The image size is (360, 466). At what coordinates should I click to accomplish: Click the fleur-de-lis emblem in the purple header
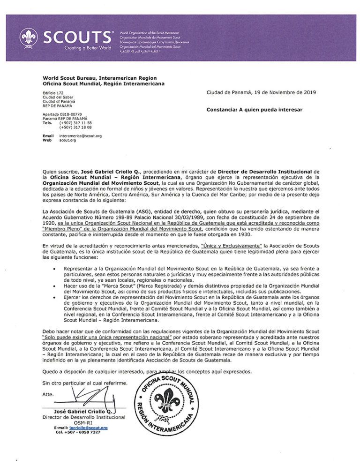pyautogui.click(x=29, y=38)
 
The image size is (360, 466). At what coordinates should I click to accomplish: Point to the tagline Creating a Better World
pyautogui.click(x=88, y=48)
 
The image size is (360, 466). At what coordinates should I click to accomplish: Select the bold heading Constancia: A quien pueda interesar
pyautogui.click(x=255, y=110)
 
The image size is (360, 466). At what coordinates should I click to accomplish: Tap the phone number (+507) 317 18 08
pyautogui.click(x=75, y=127)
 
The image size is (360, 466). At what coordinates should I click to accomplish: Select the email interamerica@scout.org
pyautogui.click(x=80, y=135)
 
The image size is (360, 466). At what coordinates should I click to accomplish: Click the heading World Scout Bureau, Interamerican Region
pyautogui.click(x=99, y=78)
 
